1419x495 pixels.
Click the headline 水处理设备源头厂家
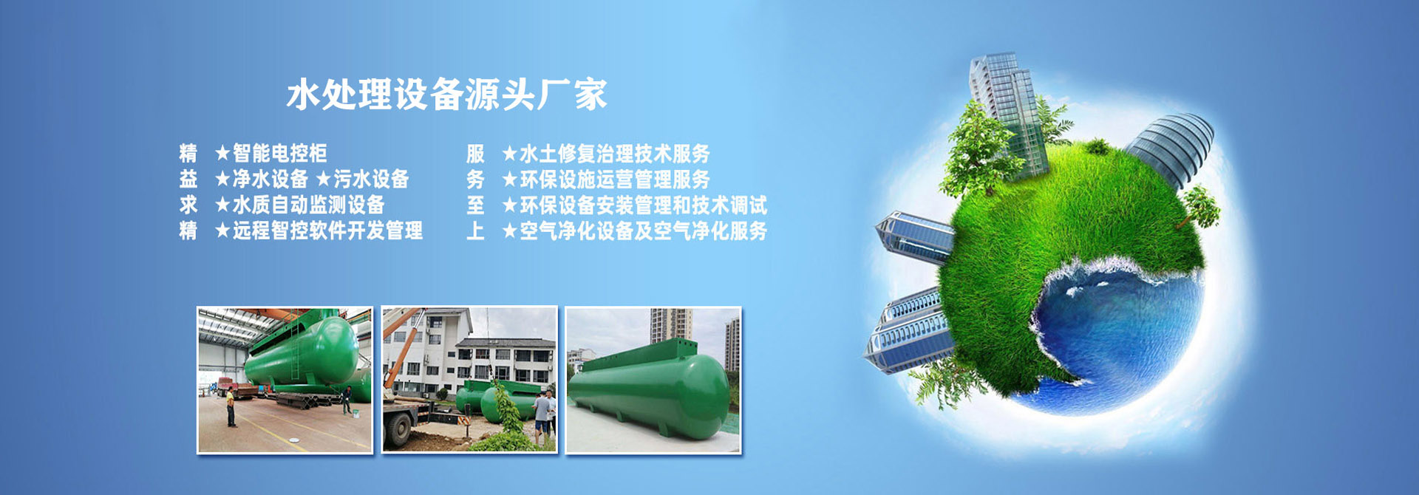(447, 95)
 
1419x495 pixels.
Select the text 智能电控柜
(280, 153)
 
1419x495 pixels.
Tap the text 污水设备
(371, 179)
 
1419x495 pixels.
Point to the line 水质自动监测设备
(309, 205)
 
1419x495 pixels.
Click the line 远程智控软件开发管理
(328, 231)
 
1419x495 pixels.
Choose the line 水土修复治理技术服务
(615, 153)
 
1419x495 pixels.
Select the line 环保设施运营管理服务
(615, 179)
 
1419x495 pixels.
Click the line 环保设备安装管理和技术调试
(644, 205)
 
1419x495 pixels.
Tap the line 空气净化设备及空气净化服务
(644, 231)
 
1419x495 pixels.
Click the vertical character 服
(475, 154)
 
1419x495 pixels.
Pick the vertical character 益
(188, 179)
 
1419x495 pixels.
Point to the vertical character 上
(475, 231)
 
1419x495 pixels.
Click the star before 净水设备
(222, 179)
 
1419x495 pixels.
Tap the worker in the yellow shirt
(231, 407)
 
